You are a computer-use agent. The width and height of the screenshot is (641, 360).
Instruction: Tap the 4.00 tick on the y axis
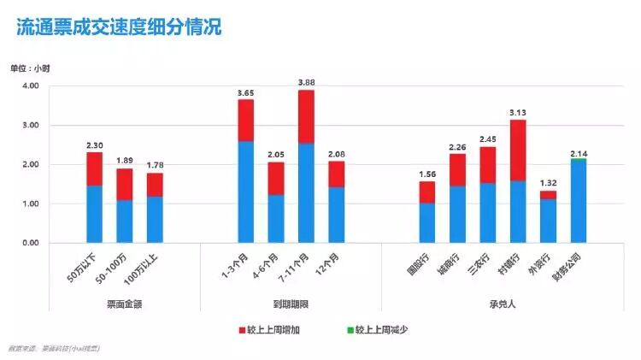30,86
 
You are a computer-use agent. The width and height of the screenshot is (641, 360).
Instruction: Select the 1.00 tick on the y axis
30,204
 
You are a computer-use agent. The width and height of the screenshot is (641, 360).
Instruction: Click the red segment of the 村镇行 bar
518,150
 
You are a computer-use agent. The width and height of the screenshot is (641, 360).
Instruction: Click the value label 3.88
306,82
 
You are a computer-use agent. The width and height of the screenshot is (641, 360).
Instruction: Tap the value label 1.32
548,183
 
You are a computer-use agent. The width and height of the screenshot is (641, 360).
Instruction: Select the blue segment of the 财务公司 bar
578,201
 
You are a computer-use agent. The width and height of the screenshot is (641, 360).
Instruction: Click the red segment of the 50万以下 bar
94,168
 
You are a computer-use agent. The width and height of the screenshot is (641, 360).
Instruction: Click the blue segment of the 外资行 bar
548,221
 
